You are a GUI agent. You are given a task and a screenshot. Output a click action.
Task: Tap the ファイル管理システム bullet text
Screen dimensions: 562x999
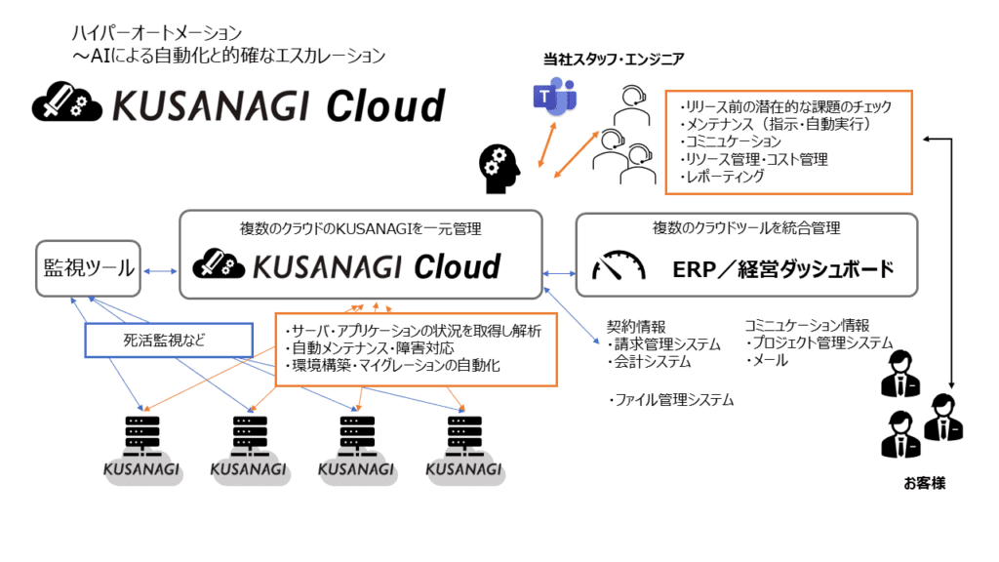tap(671, 400)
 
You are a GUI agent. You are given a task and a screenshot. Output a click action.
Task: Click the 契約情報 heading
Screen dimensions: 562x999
tap(635, 326)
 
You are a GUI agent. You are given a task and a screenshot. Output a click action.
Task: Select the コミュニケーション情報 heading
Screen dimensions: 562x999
tap(806, 326)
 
